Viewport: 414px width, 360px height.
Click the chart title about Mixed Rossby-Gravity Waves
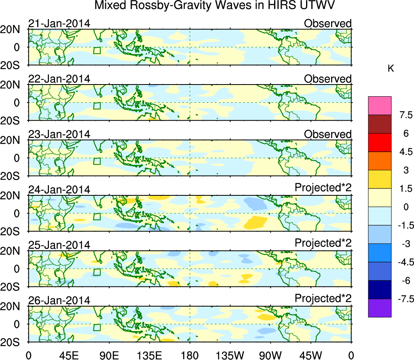[215, 6]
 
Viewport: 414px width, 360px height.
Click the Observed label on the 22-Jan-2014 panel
[327, 79]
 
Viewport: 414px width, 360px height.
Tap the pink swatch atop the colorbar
[380, 106]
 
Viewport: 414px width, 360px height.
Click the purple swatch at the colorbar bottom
[380, 308]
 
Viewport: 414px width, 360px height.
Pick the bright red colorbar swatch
[380, 142]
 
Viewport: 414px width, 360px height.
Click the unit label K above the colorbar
[391, 69]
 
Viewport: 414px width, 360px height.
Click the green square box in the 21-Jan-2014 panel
[96, 50]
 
